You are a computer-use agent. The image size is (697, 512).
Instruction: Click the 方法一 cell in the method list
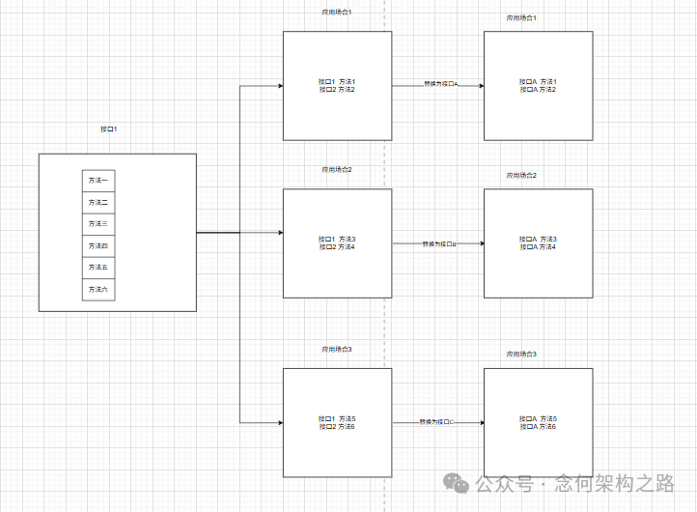click(x=98, y=181)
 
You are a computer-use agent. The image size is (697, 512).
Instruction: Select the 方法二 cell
click(x=98, y=202)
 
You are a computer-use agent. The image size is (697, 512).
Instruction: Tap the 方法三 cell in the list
click(x=98, y=224)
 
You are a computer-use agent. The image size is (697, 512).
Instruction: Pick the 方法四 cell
click(x=98, y=245)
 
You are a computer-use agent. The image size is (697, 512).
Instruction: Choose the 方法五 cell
click(x=98, y=268)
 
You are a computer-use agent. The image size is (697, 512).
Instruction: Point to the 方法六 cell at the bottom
click(x=98, y=289)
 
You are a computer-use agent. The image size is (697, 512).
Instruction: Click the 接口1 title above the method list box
click(x=109, y=128)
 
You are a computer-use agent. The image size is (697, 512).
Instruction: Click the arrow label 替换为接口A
click(x=440, y=84)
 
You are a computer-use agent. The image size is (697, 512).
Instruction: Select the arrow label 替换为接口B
click(x=439, y=244)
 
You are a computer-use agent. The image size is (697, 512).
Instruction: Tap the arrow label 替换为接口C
click(x=437, y=422)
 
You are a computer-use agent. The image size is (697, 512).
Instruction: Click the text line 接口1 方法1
click(x=337, y=81)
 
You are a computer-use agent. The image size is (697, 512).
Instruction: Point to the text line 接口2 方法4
click(x=337, y=247)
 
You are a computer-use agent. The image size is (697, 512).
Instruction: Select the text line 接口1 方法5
click(x=337, y=418)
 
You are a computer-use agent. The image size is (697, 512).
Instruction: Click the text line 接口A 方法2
click(x=538, y=90)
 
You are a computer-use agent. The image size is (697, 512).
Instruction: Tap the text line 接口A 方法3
click(x=538, y=239)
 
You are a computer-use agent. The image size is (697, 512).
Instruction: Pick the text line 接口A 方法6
click(x=538, y=426)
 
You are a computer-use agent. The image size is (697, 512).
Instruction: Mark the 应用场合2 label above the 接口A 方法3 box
click(x=521, y=175)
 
